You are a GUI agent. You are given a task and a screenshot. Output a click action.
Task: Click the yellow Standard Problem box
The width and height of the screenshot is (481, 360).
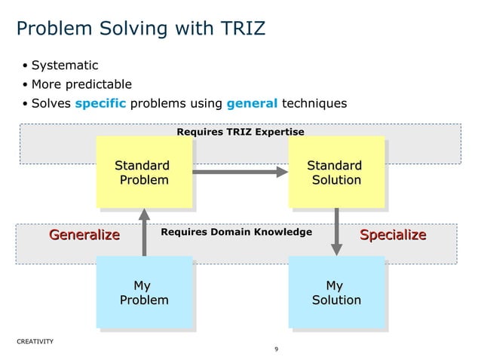(x=144, y=172)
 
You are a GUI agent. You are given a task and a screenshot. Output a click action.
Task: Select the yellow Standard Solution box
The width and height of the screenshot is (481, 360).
(x=336, y=172)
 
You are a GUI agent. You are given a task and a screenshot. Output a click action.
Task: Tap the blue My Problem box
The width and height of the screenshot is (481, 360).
(x=144, y=292)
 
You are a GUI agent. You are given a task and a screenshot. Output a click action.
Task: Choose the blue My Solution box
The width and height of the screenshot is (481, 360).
(x=336, y=292)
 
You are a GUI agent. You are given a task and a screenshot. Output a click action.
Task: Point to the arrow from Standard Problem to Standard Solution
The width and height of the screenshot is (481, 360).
(x=240, y=172)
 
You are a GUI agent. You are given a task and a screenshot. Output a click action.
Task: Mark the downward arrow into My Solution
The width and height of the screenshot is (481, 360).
(x=336, y=232)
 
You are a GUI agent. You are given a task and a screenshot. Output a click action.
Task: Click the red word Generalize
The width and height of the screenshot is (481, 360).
(x=84, y=235)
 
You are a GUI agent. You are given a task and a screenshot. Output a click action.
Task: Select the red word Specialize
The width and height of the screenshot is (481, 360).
(x=393, y=235)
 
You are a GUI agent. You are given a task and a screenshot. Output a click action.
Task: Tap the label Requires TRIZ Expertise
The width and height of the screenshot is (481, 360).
(x=240, y=132)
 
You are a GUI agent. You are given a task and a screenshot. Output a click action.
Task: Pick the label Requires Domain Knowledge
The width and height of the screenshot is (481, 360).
(x=236, y=232)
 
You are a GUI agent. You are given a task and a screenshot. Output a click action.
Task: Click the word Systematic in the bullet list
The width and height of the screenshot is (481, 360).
(x=65, y=66)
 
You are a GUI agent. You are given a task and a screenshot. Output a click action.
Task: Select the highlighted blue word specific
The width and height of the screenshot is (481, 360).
(x=100, y=103)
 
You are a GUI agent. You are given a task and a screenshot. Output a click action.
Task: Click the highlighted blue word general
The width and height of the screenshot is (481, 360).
(x=253, y=103)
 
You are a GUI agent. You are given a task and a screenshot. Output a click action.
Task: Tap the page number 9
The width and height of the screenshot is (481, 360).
(x=277, y=349)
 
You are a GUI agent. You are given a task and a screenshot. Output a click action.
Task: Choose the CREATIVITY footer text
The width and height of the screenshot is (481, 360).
(x=35, y=341)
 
